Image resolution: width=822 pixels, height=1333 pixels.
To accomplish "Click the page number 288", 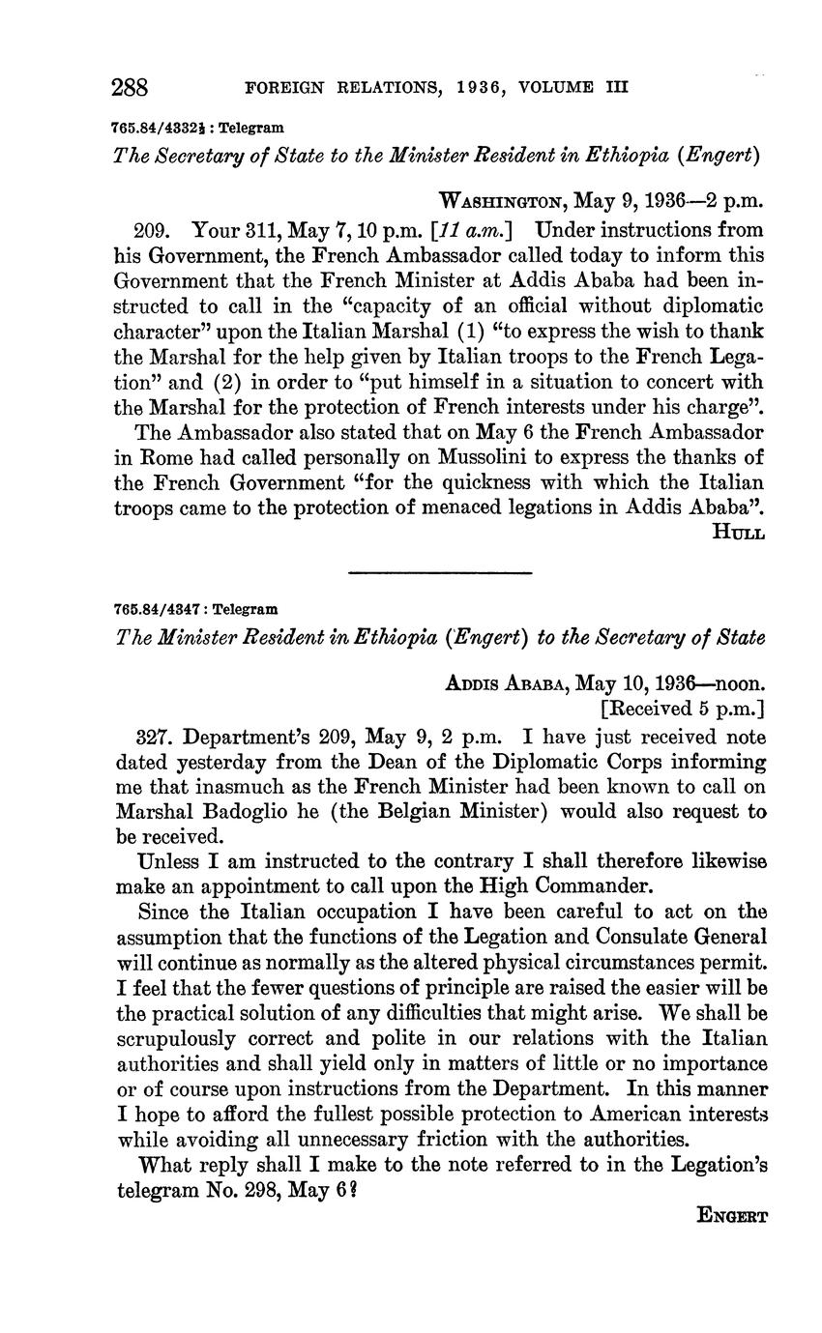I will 131,88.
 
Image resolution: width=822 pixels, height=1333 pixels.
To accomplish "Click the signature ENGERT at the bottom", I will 732,1217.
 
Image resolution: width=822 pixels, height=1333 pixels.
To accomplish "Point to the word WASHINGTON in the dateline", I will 503,203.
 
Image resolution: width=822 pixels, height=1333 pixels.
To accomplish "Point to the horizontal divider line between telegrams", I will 439,572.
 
